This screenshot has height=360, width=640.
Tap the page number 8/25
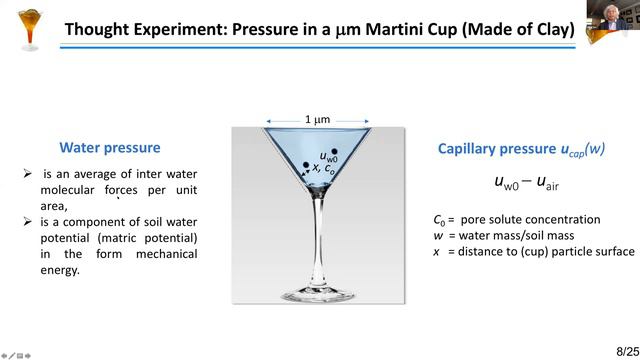coord(619,345)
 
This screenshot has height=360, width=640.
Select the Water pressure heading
coord(110,148)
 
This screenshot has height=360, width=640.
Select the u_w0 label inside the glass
coord(328,156)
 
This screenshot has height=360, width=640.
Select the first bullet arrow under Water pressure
coord(28,174)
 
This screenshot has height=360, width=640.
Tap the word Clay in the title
coord(549,29)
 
